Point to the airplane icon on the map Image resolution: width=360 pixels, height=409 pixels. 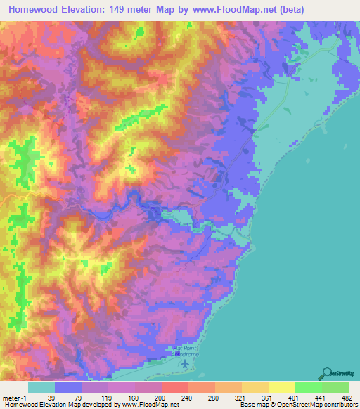coord(185,363)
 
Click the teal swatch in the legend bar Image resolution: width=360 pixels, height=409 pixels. coord(41,387)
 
